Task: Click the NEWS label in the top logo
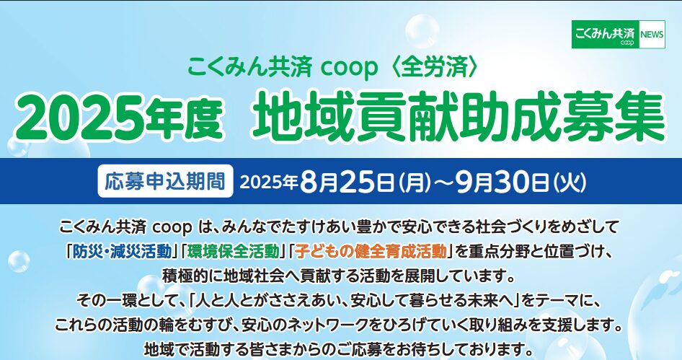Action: pos(652,35)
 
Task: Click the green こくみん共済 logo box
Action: pos(606,35)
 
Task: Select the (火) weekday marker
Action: pos(570,183)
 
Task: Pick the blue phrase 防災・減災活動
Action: pos(121,252)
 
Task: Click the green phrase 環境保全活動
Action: pos(233,252)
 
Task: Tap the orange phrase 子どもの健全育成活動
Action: pos(371,252)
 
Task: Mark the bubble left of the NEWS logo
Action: pos(422,31)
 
